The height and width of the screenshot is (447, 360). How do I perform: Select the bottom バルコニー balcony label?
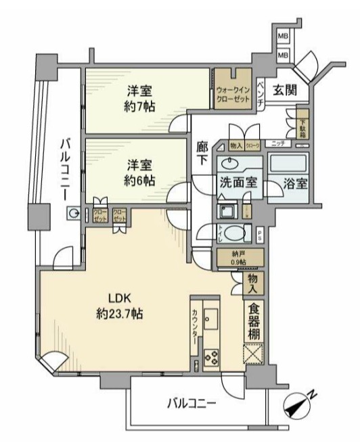tap(192, 404)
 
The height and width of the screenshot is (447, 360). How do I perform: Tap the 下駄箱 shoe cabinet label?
tap(302, 126)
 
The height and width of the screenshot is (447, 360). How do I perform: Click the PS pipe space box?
tap(261, 234)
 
